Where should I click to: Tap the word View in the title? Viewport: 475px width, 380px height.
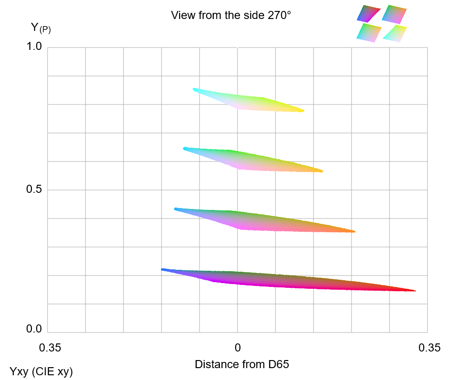pos(182,15)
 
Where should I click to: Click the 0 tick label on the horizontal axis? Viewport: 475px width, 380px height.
pos(237,348)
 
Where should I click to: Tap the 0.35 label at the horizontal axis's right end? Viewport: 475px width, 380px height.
pos(429,348)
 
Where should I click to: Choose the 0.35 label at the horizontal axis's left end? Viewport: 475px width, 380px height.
pos(50,348)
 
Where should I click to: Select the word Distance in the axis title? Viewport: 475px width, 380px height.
pos(215,364)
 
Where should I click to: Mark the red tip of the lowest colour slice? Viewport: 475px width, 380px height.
pos(413,290)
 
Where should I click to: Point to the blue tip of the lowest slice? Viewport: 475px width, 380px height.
pos(163,269)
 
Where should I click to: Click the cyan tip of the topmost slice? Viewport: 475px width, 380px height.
pos(195,89)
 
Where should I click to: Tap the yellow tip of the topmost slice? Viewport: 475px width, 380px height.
pos(302,111)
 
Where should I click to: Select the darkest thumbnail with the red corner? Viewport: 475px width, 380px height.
pos(369,14)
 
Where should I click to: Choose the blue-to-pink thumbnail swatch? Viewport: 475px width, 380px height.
pos(394,14)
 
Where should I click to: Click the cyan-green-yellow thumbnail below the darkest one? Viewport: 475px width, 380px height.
pos(369,33)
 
